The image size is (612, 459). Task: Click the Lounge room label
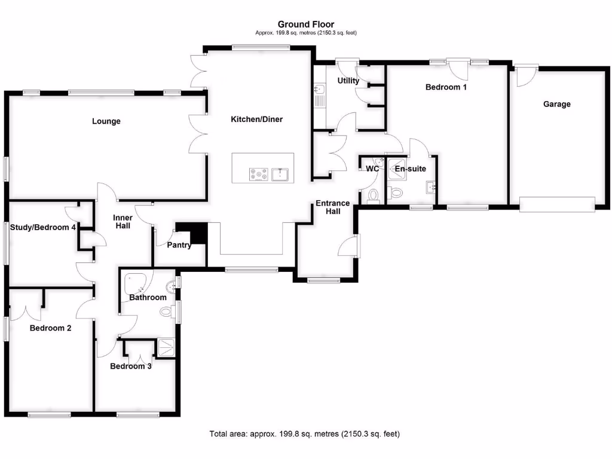click(106, 121)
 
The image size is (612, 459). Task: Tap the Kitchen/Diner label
click(256, 120)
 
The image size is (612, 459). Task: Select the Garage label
click(556, 104)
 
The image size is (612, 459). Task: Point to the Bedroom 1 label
click(446, 87)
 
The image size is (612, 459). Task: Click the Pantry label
click(179, 245)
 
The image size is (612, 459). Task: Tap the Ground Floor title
click(306, 24)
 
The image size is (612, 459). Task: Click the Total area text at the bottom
click(304, 434)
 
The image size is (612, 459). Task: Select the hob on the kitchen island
click(259, 174)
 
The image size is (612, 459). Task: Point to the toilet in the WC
click(374, 195)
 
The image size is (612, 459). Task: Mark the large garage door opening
click(557, 204)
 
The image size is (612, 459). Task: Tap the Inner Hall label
click(123, 222)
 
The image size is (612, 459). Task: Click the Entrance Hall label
click(333, 207)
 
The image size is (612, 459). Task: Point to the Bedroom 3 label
click(131, 366)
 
